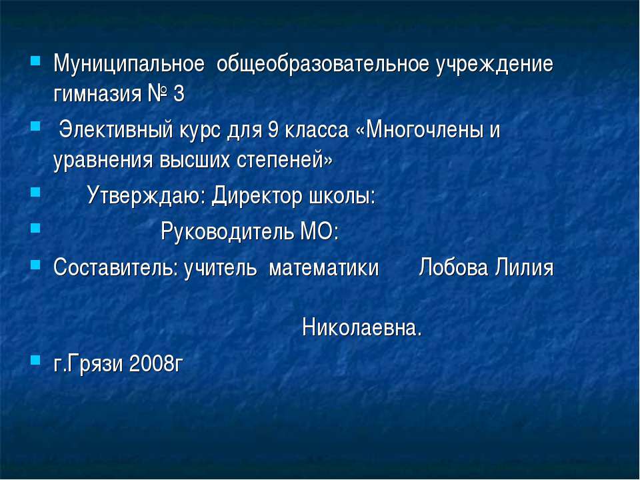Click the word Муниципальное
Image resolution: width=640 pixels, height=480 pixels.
coord(129,64)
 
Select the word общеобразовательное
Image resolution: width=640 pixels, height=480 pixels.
coord(323,64)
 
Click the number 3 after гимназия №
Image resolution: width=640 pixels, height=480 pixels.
coord(179,94)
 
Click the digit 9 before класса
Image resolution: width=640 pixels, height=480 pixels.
coord(273,130)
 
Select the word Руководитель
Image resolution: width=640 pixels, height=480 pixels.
coord(227,231)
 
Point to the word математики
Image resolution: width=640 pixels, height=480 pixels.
coord(324,268)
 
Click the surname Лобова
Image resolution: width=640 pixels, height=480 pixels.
coord(453,267)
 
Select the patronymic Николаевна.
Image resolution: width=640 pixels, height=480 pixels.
coord(362,328)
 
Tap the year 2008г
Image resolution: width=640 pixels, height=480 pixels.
coord(156,364)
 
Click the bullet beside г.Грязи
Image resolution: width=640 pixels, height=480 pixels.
coord(35,359)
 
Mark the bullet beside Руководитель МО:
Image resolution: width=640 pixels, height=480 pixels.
coord(35,227)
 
